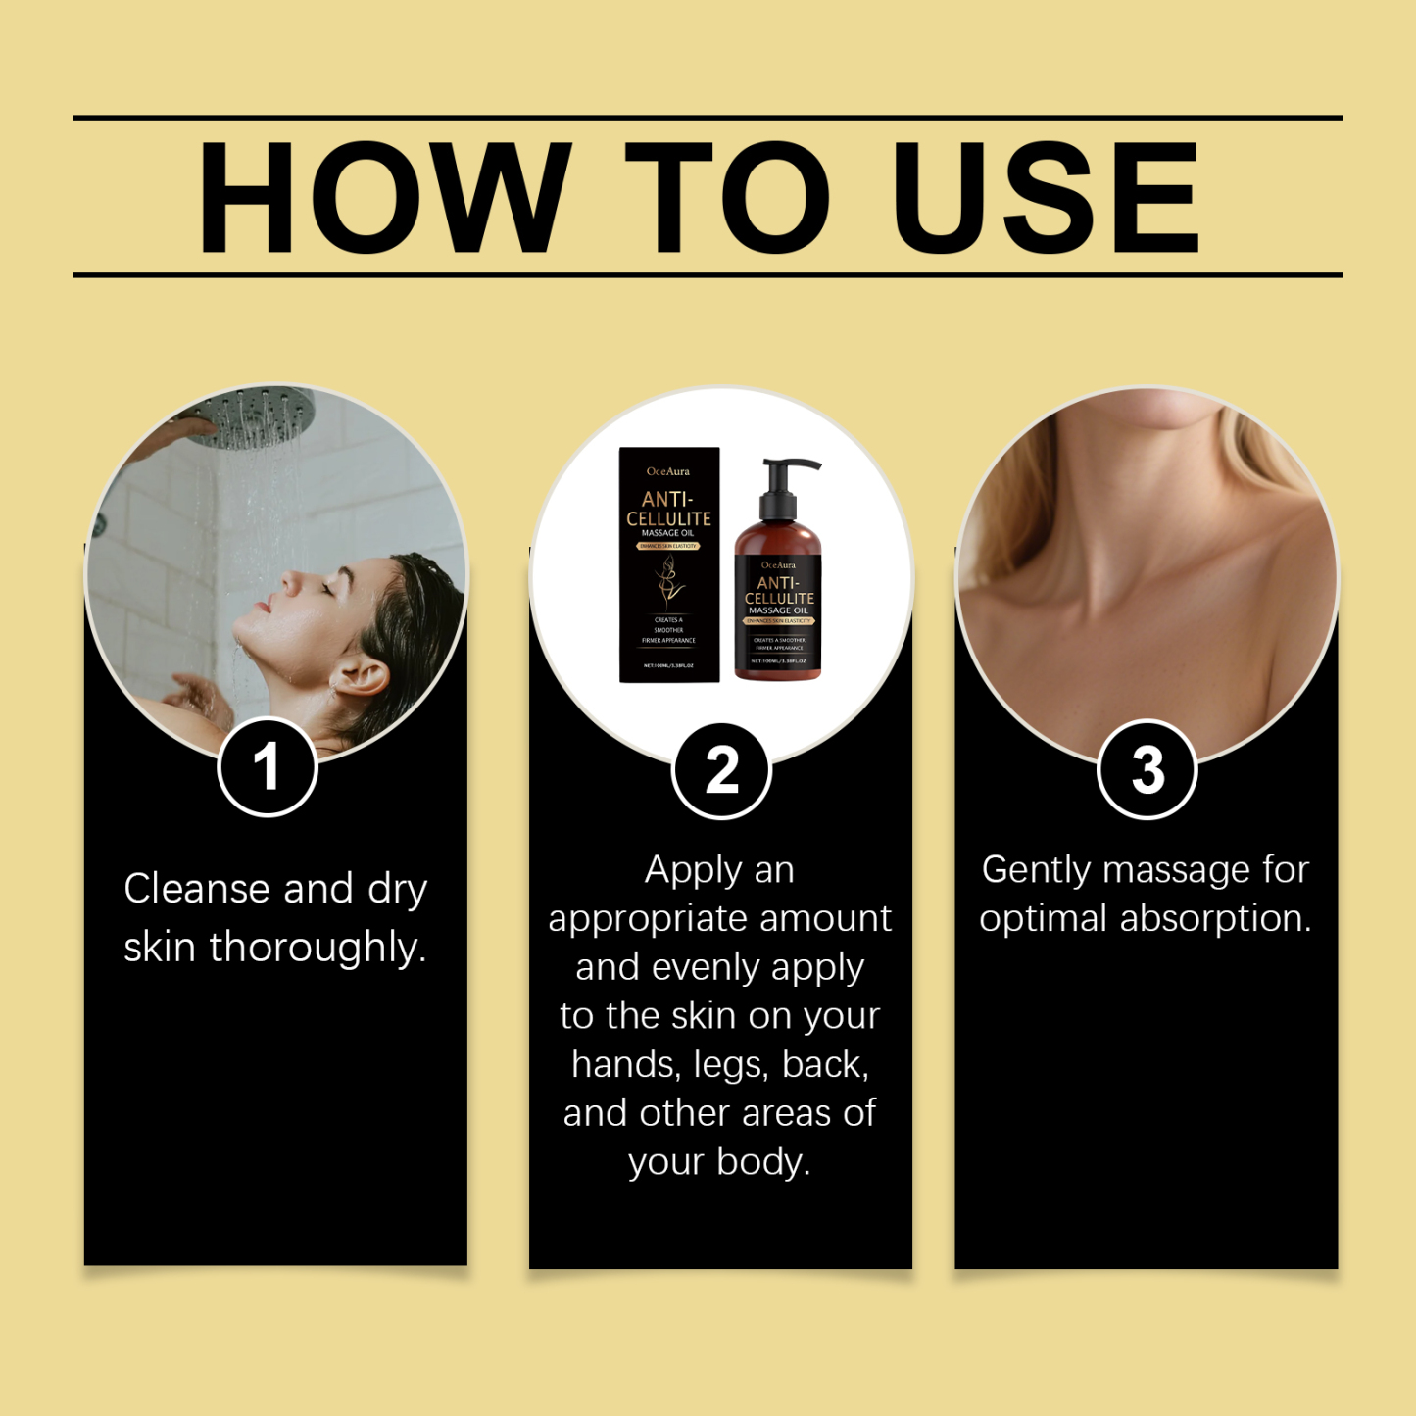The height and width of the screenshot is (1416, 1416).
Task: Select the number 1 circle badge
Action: click(267, 766)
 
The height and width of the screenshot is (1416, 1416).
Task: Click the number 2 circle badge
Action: click(721, 770)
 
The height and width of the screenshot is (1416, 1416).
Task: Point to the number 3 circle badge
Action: click(1147, 770)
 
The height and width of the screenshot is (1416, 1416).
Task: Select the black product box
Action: click(669, 564)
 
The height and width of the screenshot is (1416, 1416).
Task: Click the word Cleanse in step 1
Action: click(197, 889)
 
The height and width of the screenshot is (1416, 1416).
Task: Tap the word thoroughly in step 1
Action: click(317, 949)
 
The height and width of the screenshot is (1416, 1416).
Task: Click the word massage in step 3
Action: click(1170, 870)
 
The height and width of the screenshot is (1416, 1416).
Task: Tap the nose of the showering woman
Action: click(290, 580)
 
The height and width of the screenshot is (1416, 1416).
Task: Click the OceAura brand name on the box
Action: click(668, 471)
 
